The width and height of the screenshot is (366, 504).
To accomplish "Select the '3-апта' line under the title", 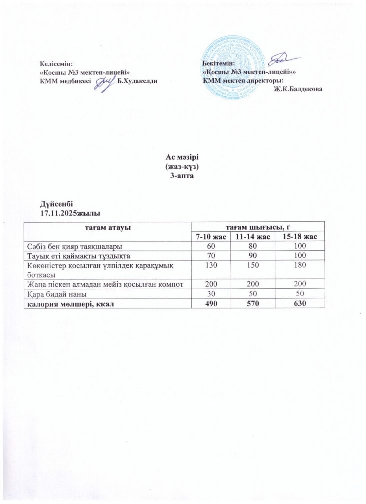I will pyautogui.click(x=182, y=172).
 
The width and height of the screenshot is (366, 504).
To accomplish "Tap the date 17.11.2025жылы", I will pyautogui.click(x=68, y=213).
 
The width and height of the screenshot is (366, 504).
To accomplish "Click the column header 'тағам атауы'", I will pyautogui.click(x=103, y=227).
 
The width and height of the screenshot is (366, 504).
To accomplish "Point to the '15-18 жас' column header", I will pyautogui.click(x=298, y=236).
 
